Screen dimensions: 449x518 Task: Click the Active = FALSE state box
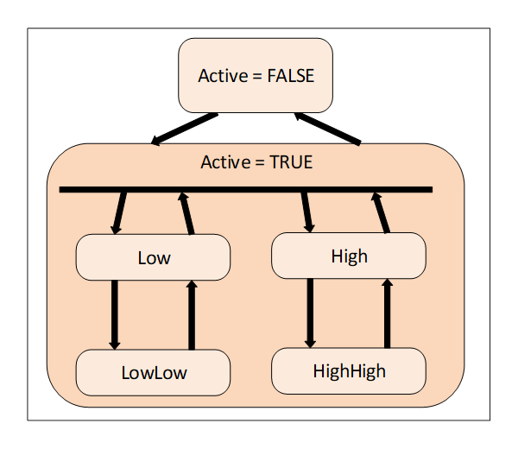[255, 75]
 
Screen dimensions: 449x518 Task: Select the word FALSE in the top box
[290, 76]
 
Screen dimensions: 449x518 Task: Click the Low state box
[154, 257]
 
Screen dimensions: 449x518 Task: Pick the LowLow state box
[154, 372]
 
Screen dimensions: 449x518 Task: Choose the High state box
[349, 256]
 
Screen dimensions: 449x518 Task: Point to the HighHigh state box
[349, 371]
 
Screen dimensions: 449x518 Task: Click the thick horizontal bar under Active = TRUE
[245, 189]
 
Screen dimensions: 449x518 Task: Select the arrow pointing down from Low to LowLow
[114, 314]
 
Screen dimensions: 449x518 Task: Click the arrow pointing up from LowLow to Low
[192, 314]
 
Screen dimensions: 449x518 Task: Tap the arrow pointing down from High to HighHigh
[311, 312]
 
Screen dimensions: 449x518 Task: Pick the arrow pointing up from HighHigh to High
[387, 312]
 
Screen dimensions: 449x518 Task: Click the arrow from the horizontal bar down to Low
[119, 212]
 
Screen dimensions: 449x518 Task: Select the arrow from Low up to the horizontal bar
[186, 212]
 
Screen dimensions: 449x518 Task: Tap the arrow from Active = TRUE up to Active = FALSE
[327, 128]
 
